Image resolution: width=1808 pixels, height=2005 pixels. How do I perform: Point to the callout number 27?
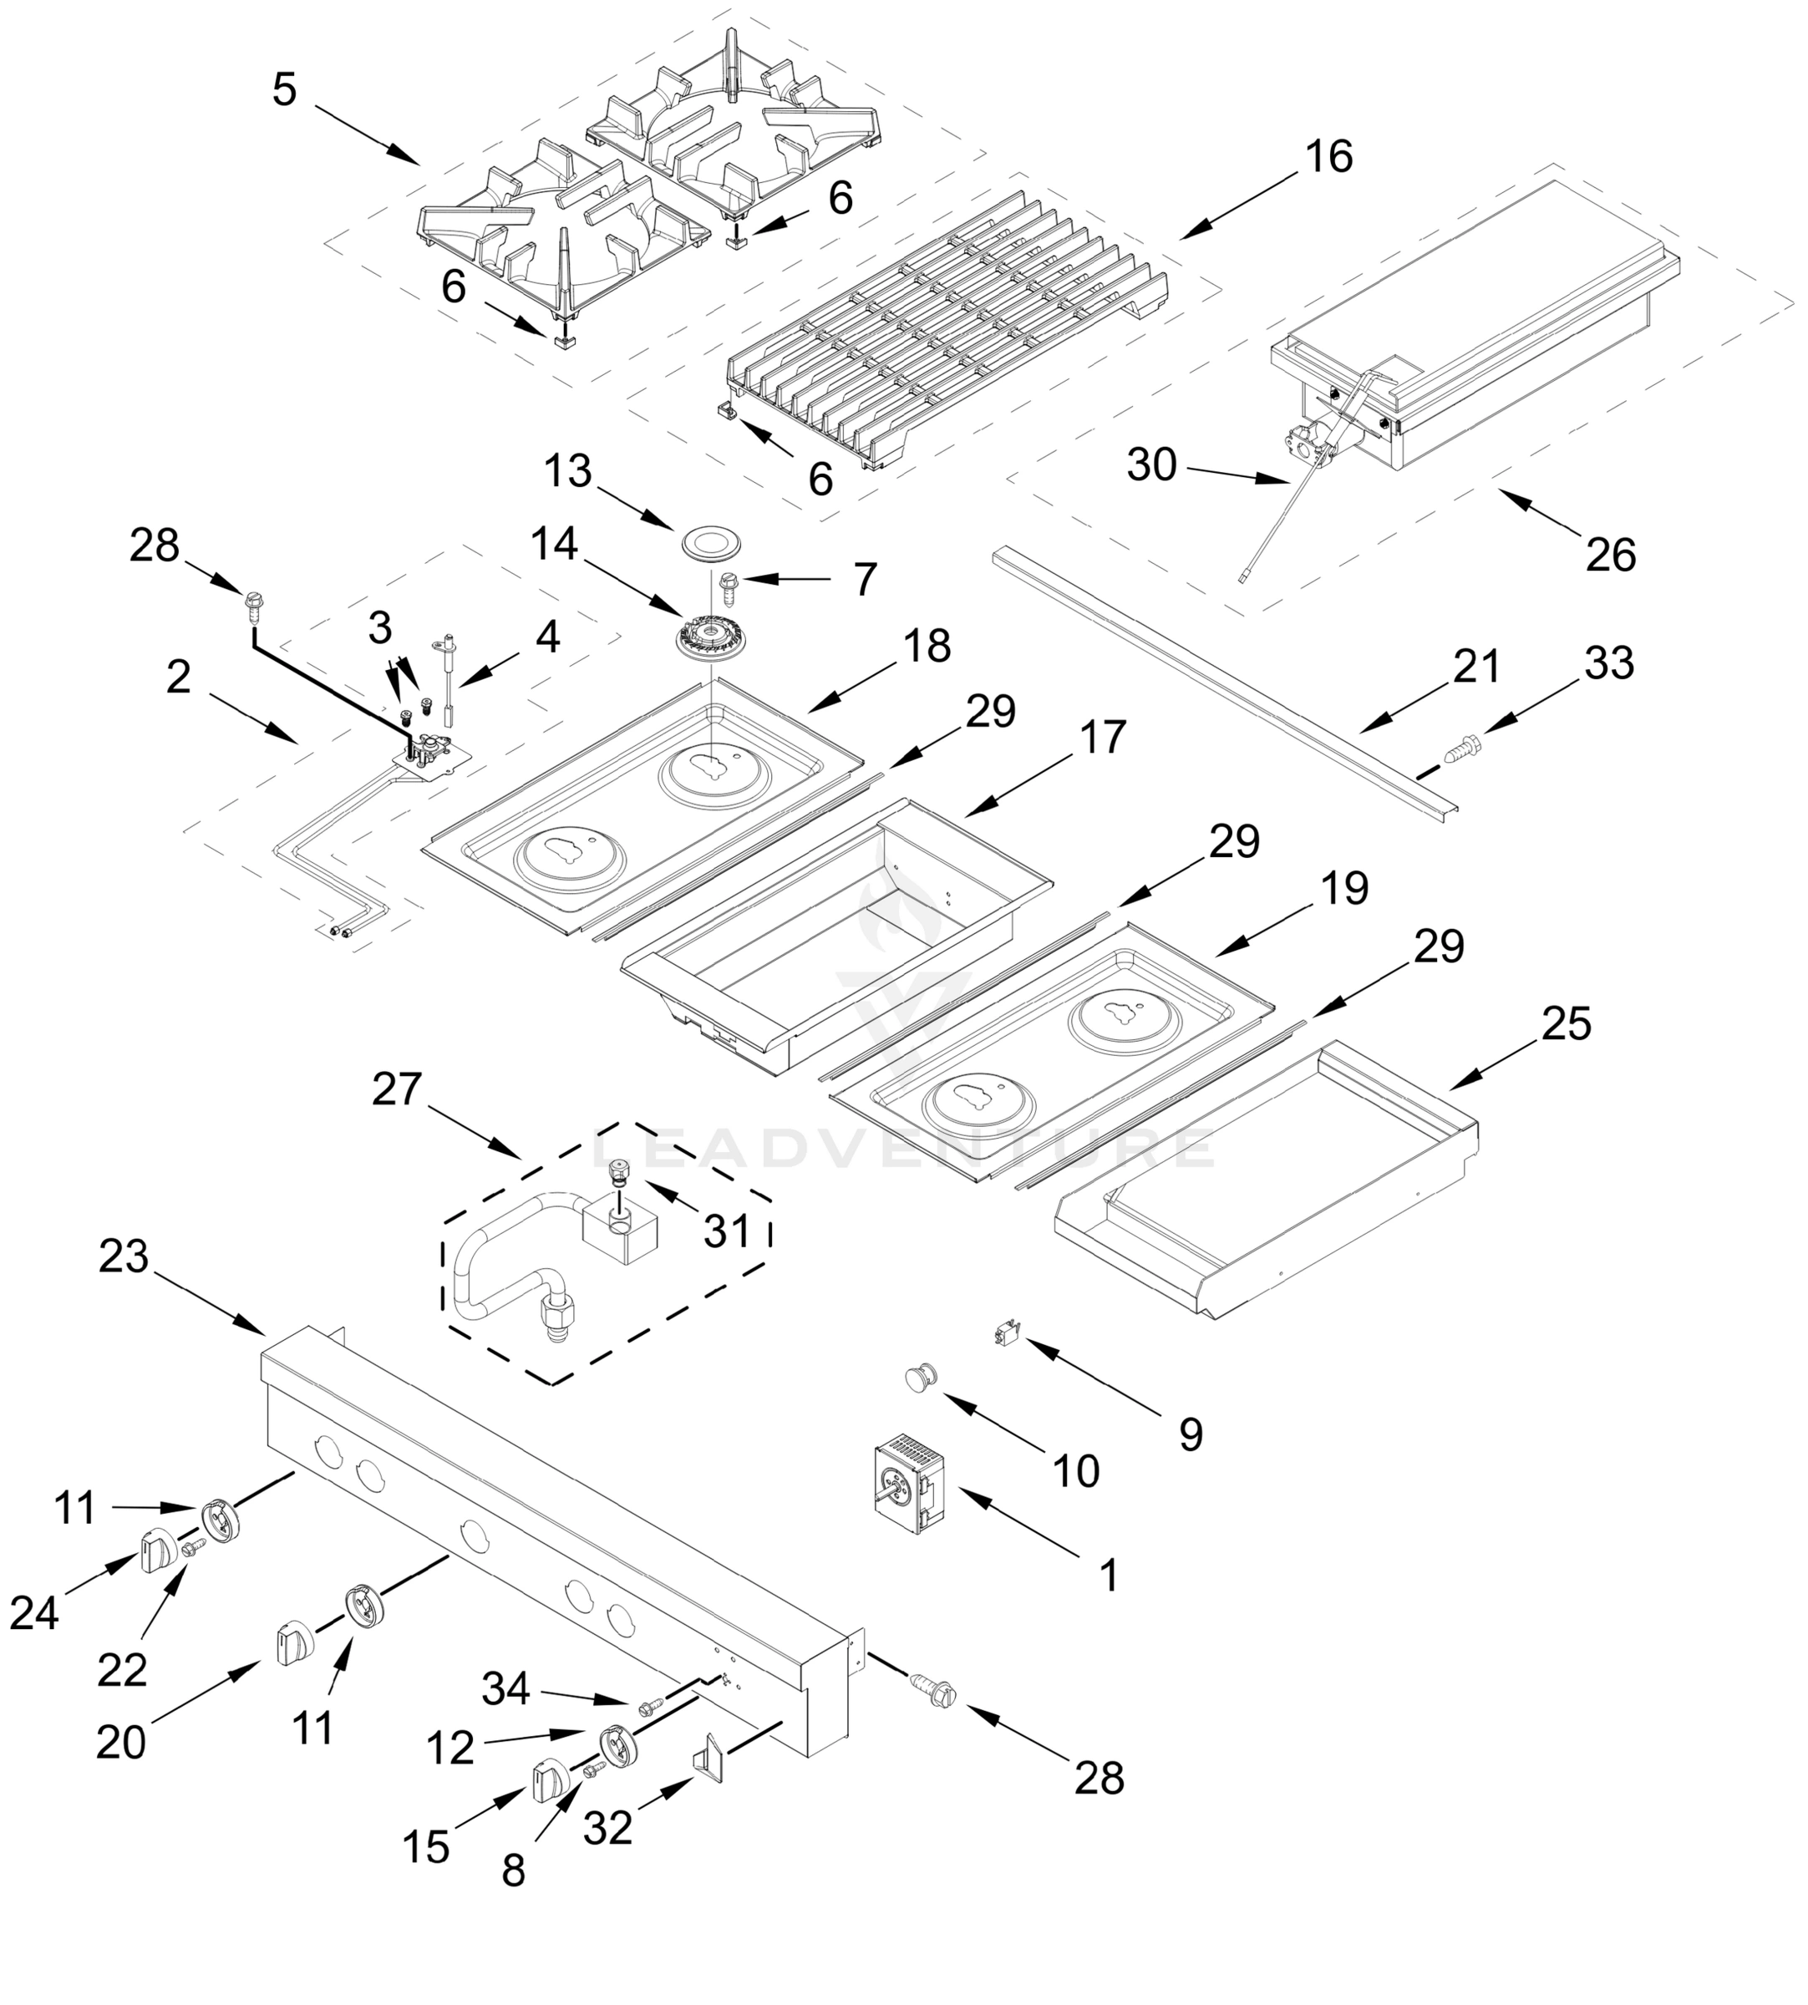[x=398, y=1089]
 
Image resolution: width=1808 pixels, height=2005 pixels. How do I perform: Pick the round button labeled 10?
[x=921, y=1378]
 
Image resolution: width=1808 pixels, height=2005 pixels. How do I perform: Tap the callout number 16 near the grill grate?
[x=1328, y=157]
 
